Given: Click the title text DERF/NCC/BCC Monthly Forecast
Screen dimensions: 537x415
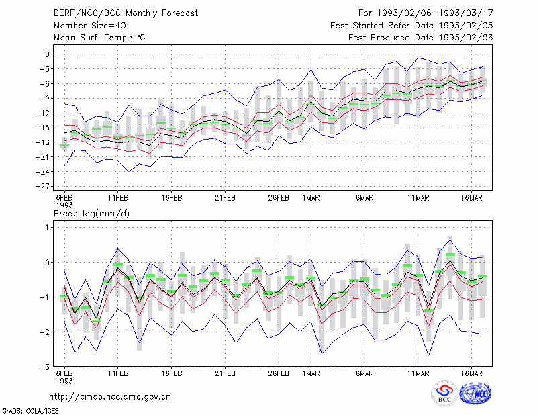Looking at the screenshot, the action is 126,13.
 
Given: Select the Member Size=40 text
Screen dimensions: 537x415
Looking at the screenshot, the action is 90,26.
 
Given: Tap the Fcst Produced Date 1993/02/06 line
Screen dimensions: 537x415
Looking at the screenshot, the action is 421,38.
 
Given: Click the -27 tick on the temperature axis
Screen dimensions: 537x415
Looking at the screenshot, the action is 42,187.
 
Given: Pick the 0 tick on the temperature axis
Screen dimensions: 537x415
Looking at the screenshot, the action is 47,54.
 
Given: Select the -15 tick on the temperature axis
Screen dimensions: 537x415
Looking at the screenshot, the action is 42,128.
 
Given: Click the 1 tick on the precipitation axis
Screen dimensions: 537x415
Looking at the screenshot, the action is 47,228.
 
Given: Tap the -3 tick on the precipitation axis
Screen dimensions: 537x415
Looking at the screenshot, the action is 45,367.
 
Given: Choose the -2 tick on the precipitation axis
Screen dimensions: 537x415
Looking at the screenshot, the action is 45,332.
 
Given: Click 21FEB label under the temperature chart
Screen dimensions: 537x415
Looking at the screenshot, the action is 225,198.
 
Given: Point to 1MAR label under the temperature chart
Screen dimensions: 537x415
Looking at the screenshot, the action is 311,198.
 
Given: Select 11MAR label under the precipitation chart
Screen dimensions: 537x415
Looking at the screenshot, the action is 418,373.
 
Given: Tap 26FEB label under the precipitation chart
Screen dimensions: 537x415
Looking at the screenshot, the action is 279,373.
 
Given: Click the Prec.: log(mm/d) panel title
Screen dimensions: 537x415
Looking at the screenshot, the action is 91,214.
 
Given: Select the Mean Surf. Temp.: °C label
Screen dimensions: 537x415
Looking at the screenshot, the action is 99,38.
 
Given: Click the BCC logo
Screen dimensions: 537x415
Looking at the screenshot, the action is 444,393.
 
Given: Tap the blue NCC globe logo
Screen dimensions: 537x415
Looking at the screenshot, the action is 475,394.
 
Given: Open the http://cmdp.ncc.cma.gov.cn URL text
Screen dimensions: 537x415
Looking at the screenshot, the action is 110,397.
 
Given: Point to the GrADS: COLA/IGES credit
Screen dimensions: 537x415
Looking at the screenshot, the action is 30,411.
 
